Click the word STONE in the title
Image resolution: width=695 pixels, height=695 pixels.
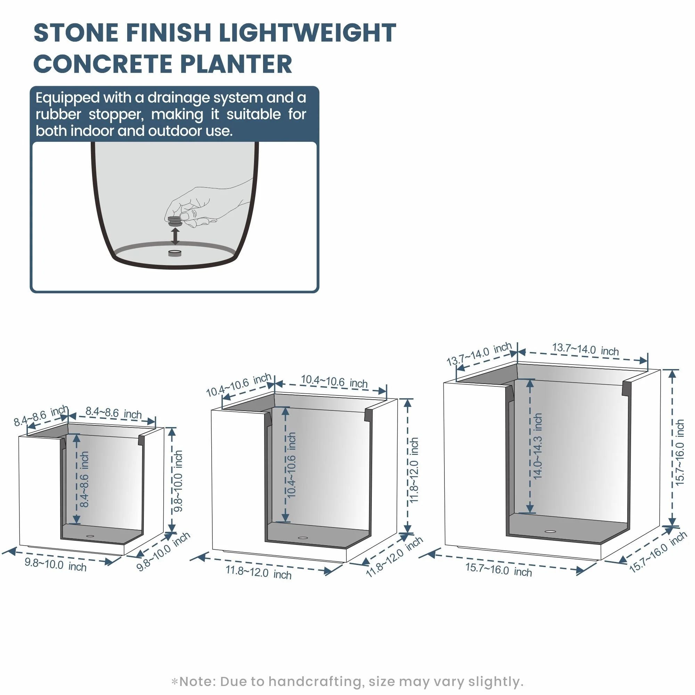[x=76, y=33]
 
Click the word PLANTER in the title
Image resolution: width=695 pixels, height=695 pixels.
[x=236, y=64]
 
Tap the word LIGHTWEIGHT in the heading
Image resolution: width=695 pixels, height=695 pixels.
[x=308, y=33]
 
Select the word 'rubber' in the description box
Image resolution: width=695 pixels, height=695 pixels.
[x=58, y=114]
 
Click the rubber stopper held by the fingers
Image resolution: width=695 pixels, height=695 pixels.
[x=175, y=221]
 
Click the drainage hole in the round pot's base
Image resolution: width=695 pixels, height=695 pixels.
[x=175, y=253]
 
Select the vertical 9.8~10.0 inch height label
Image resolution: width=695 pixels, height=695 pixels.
[x=178, y=481]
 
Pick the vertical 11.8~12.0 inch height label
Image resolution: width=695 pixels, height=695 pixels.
[x=414, y=470]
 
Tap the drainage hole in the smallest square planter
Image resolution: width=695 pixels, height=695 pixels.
[x=90, y=536]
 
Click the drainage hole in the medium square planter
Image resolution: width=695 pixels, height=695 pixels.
[x=303, y=538]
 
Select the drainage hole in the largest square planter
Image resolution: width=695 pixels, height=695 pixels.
[x=550, y=531]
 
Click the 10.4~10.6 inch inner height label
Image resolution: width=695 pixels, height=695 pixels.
[x=292, y=465]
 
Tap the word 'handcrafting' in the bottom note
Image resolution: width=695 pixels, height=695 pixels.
[x=315, y=681]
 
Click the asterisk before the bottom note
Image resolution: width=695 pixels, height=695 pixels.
[x=175, y=681]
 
